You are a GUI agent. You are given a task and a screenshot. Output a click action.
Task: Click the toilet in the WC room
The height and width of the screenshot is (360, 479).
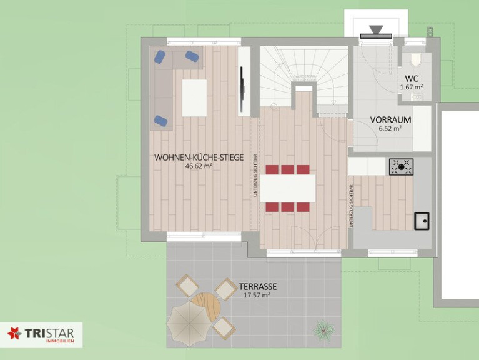tap(416, 60)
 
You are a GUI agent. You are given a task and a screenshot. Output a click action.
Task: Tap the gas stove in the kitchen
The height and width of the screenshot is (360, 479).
tap(401, 167)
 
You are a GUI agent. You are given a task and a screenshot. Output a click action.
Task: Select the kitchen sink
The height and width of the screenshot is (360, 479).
tap(422, 221)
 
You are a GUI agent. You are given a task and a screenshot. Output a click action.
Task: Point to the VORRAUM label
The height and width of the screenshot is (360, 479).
tap(390, 119)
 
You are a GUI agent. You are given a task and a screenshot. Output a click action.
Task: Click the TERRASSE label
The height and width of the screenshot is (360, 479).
tap(257, 287)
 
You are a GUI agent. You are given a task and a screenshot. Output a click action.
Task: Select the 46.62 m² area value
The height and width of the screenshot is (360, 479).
tap(199, 166)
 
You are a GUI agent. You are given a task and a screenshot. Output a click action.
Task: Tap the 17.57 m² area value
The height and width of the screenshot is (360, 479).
tap(257, 295)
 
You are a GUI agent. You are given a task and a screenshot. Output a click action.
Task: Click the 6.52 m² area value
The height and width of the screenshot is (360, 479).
tap(390, 129)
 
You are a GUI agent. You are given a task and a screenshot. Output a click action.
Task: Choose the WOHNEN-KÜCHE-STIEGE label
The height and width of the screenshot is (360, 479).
tap(199, 157)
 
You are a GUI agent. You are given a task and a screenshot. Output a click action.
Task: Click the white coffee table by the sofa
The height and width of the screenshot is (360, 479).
tap(194, 97)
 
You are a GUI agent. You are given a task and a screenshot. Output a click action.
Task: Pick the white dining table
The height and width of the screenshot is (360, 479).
tap(287, 188)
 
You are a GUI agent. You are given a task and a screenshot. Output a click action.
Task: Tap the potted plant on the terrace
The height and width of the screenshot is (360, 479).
tap(323, 329)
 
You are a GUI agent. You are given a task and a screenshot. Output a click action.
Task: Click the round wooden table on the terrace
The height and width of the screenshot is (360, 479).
tap(208, 306)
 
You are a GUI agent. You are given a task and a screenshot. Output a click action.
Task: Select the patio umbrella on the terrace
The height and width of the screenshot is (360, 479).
tap(189, 324)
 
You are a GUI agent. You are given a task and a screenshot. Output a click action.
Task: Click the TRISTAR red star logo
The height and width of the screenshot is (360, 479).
tap(14, 333)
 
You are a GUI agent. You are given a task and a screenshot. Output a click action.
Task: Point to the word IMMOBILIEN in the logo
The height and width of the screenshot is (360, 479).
tap(60, 341)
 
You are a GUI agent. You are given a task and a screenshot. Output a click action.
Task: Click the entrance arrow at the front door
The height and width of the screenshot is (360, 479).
tap(376, 30)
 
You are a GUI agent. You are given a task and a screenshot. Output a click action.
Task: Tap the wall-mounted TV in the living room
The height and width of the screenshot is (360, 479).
tap(242, 89)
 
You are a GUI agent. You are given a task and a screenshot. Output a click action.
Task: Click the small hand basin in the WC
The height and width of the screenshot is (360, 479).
tap(416, 97)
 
